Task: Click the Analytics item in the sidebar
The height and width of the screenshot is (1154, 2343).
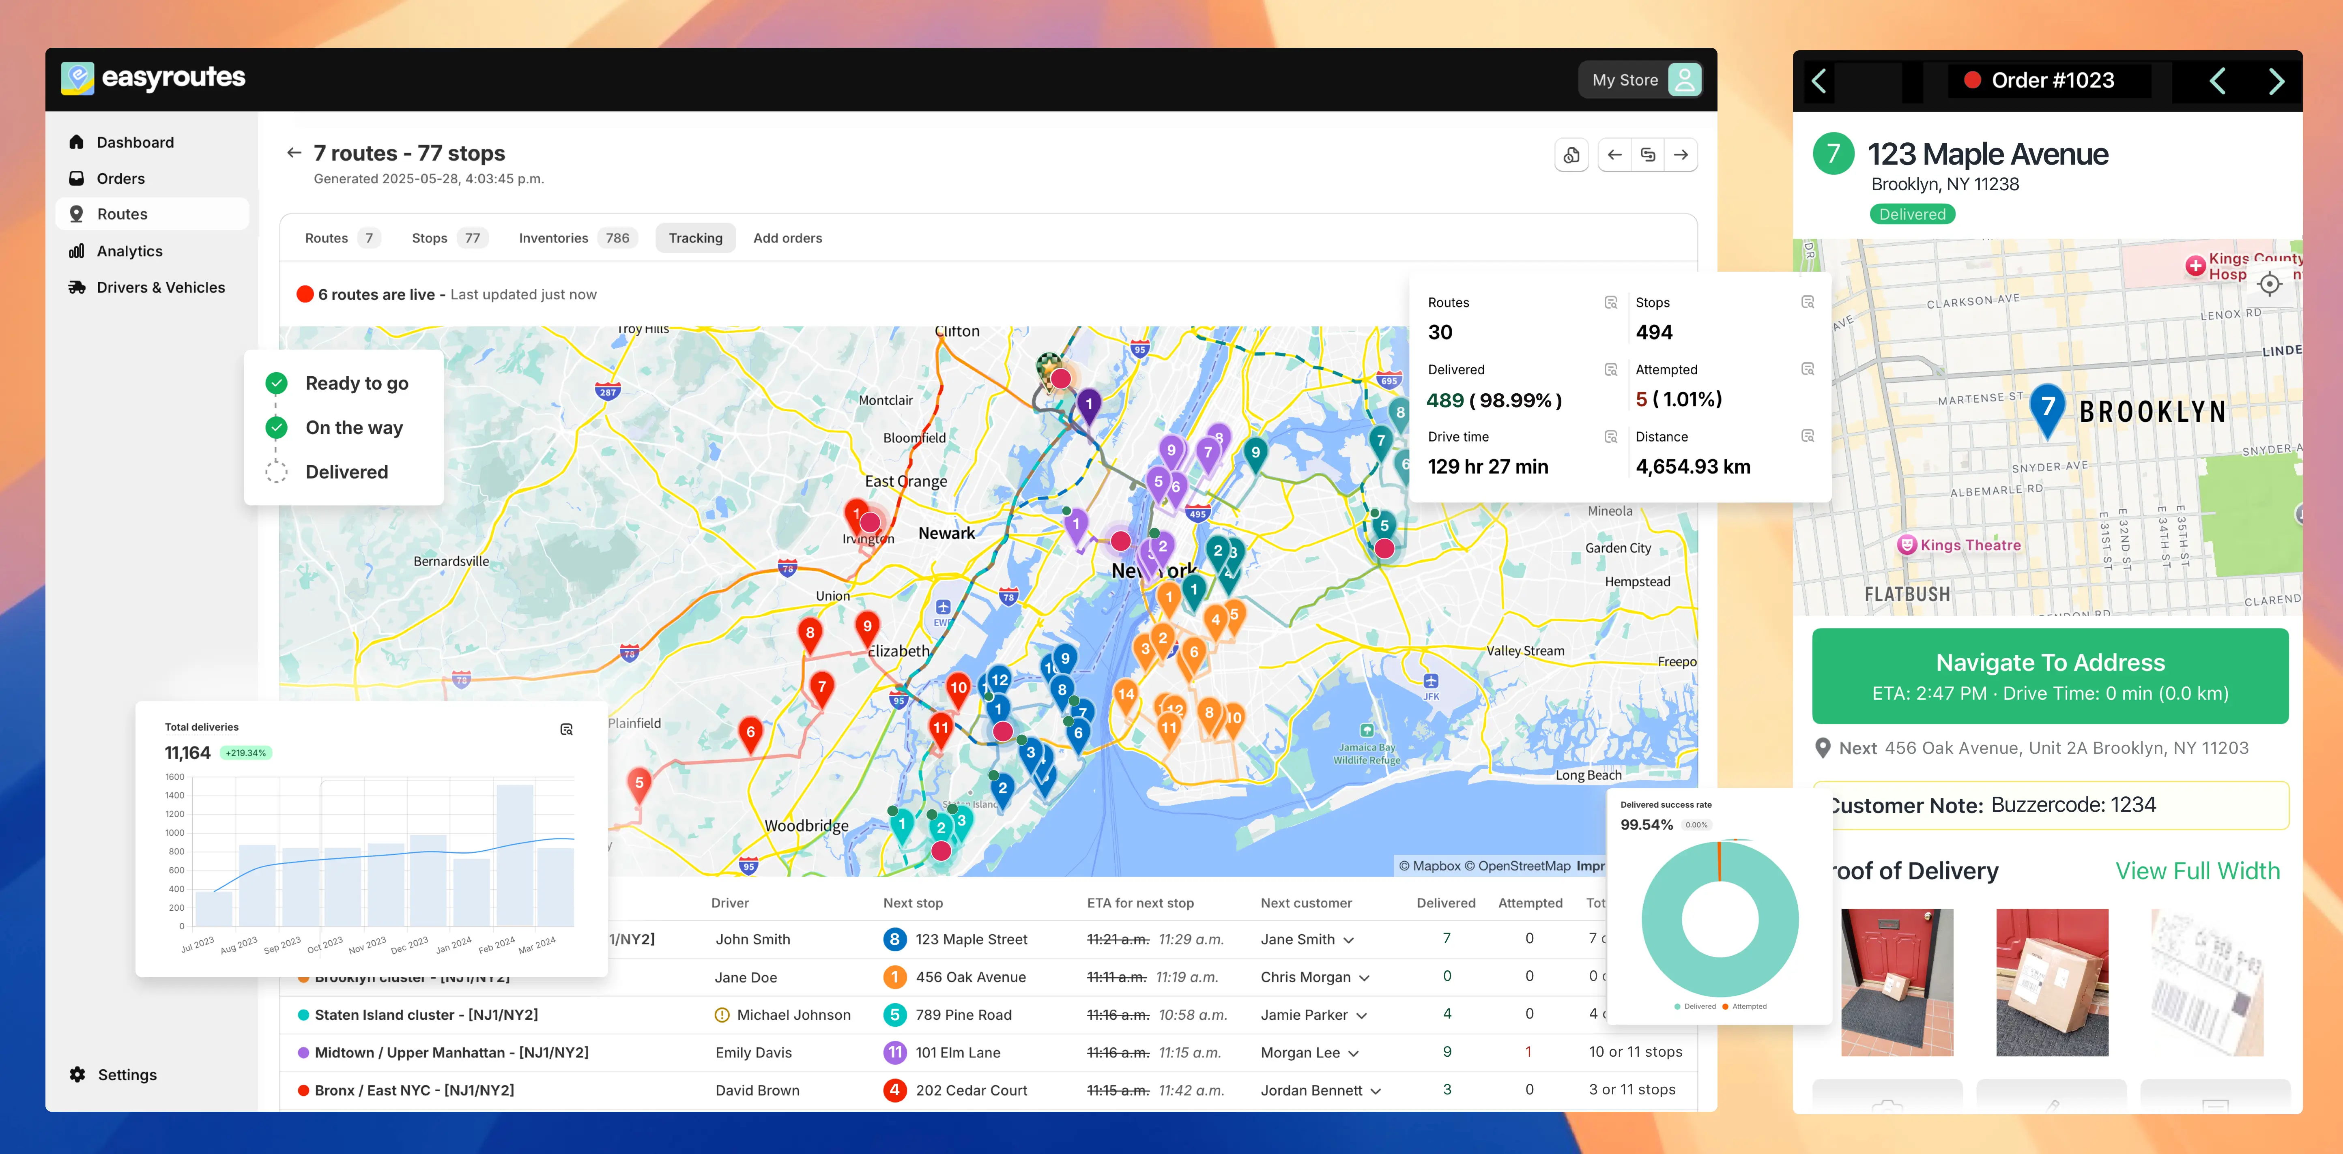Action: pos(129,251)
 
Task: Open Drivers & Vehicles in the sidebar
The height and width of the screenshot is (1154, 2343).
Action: pos(160,287)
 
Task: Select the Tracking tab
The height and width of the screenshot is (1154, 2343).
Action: pos(695,238)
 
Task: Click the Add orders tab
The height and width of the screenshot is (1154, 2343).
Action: pos(787,238)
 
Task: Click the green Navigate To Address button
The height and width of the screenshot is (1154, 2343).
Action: pos(2049,676)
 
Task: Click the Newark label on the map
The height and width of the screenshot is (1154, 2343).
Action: pos(946,534)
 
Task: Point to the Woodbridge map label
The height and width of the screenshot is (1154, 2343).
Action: pos(806,826)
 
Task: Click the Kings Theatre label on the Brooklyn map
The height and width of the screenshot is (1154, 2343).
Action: pos(1969,546)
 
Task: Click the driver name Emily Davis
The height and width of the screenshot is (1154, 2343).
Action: pos(753,1052)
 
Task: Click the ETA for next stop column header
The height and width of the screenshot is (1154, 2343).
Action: pos(1140,903)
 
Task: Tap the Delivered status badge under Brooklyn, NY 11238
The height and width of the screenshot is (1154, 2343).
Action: pos(1912,214)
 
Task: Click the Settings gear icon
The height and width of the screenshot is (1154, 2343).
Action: pos(78,1075)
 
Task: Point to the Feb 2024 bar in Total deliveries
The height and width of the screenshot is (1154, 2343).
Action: pos(515,855)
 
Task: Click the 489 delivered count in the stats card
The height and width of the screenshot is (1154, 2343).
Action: pos(1444,400)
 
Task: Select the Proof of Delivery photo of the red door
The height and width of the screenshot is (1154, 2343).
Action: pos(1896,982)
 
